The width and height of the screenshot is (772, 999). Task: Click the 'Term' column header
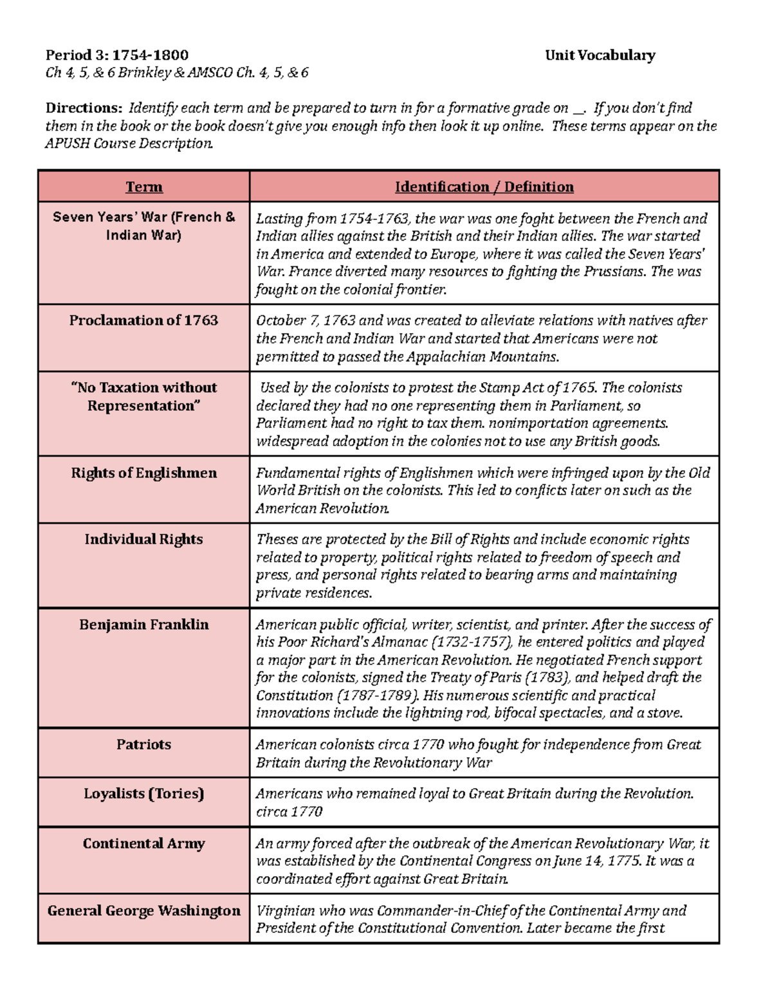click(144, 187)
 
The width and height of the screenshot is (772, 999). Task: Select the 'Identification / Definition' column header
click(484, 187)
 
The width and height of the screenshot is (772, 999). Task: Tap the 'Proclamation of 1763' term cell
click(144, 320)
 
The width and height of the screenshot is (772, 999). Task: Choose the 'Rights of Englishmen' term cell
click(144, 473)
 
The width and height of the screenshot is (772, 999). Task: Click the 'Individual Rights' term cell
click(144, 539)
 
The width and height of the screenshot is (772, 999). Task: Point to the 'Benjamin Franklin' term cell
click(144, 625)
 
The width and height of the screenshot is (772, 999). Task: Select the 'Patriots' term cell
click(144, 744)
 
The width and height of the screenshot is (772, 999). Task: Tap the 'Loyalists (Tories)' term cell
click(144, 793)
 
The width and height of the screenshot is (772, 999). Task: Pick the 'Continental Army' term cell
click(144, 843)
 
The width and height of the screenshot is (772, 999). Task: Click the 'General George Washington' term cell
click(144, 910)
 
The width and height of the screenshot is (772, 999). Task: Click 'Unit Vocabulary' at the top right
click(600, 55)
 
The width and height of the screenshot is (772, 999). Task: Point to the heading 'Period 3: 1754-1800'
click(117, 55)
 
